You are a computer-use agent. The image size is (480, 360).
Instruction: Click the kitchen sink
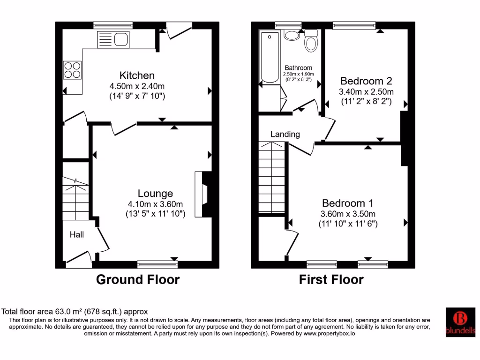(113, 39)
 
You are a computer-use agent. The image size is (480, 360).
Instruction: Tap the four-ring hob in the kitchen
(72, 70)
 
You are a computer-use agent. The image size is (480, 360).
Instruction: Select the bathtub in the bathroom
(270, 57)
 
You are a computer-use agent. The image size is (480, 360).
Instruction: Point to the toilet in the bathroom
(310, 41)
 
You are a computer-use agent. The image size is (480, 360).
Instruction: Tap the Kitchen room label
(137, 75)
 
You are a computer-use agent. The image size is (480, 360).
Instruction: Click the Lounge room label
(155, 193)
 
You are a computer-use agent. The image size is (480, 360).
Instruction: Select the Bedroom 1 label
(347, 203)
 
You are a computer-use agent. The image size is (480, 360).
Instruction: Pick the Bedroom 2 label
(366, 81)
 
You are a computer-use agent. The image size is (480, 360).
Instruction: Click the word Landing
(285, 134)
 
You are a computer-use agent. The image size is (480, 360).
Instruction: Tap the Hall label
(77, 234)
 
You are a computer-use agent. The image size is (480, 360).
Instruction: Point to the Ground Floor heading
(138, 280)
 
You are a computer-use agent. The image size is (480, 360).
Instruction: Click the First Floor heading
(331, 280)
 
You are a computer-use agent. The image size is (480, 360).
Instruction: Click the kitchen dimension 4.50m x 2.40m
(137, 86)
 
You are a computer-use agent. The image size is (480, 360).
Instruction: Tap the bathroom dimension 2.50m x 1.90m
(299, 74)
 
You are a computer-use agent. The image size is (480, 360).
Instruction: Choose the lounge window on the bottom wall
(157, 265)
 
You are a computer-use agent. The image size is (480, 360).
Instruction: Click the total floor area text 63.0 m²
(75, 311)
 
